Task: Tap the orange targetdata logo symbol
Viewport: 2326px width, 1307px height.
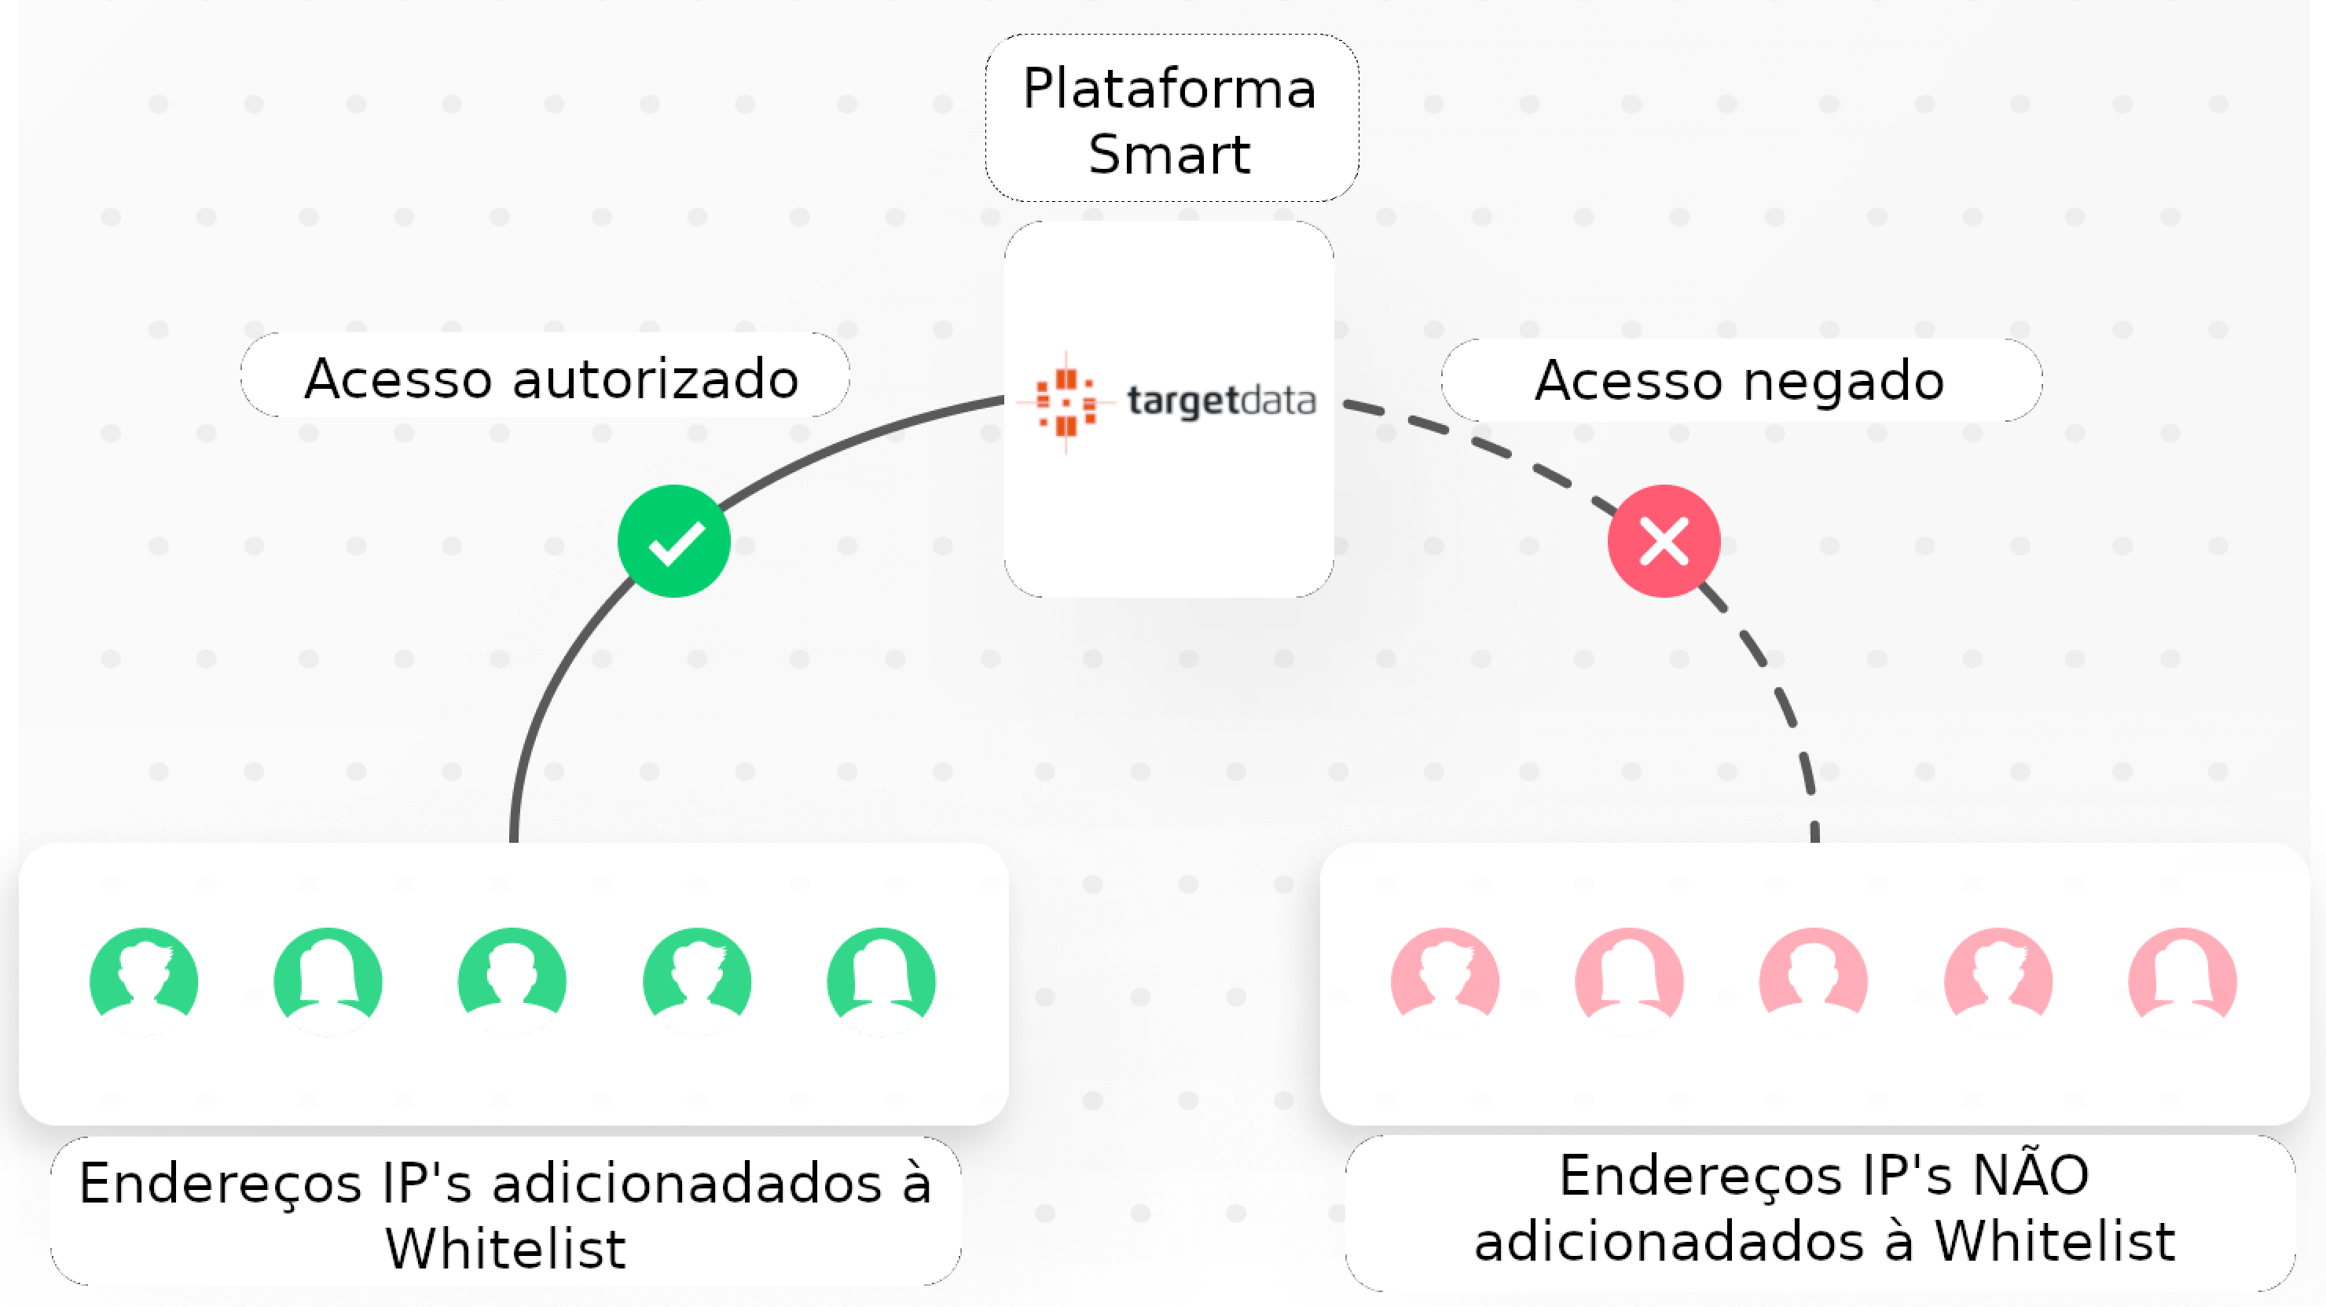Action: coord(1066,401)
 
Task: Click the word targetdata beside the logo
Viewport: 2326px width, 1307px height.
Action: coord(1221,400)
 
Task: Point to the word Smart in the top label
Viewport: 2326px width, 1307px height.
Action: coord(1169,155)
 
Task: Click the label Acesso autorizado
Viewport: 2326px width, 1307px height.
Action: coord(551,377)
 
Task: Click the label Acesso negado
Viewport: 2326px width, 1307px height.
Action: coord(1739,380)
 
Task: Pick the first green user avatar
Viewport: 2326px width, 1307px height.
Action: coord(144,979)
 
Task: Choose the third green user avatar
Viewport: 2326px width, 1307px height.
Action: coord(512,979)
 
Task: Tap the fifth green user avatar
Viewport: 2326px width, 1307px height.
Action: coord(880,979)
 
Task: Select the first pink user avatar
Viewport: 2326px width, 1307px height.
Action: coord(1445,979)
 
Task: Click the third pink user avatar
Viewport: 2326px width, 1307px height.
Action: coord(1813,979)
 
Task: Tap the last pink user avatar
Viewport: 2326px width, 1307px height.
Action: coord(2181,979)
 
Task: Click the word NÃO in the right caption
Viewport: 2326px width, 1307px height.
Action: coord(2031,1175)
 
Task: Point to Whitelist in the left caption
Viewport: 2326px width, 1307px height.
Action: coord(505,1249)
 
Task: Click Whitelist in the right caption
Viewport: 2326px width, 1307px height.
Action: coord(2054,1241)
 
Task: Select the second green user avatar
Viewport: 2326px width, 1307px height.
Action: coord(328,979)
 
